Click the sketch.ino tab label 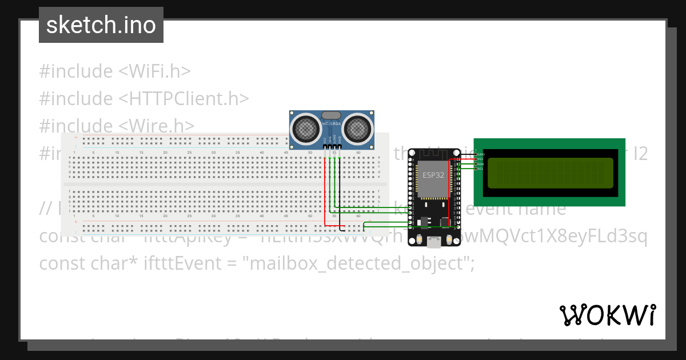click(x=101, y=25)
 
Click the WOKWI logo click(x=607, y=315)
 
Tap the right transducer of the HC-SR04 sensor click(x=358, y=127)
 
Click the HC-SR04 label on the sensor click(x=332, y=124)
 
